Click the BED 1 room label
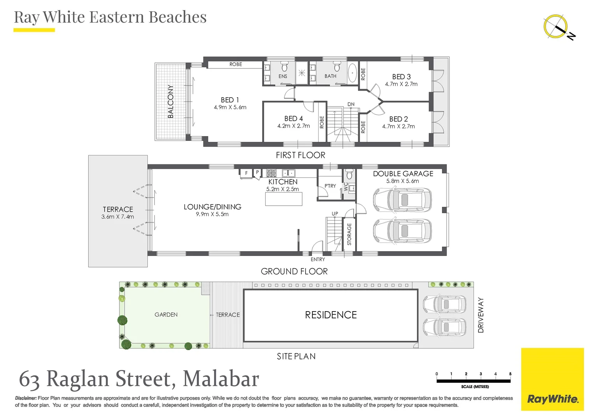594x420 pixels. tap(230, 100)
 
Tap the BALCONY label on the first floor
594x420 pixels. tap(170, 101)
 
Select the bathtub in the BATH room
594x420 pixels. tap(352, 73)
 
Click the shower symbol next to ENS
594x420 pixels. tap(302, 73)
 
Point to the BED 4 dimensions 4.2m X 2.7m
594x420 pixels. tap(293, 126)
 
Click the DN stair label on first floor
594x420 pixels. tap(351, 104)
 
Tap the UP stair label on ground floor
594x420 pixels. tap(335, 213)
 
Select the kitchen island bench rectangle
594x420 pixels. tap(284, 199)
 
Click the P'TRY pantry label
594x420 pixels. tap(330, 186)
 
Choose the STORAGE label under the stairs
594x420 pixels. tap(349, 234)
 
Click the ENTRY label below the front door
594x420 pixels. tap(317, 259)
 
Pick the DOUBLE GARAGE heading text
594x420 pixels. tap(403, 174)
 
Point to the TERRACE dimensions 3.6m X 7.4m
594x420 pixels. tap(117, 217)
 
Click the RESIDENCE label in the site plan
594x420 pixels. tap(331, 315)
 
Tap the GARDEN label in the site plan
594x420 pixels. tap(166, 315)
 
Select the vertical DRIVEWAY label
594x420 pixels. tap(481, 315)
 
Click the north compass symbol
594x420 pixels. tap(556, 27)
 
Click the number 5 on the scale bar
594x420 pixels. tap(510, 374)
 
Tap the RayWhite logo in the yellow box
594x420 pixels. tap(552, 399)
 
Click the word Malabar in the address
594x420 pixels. tap(221, 379)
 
